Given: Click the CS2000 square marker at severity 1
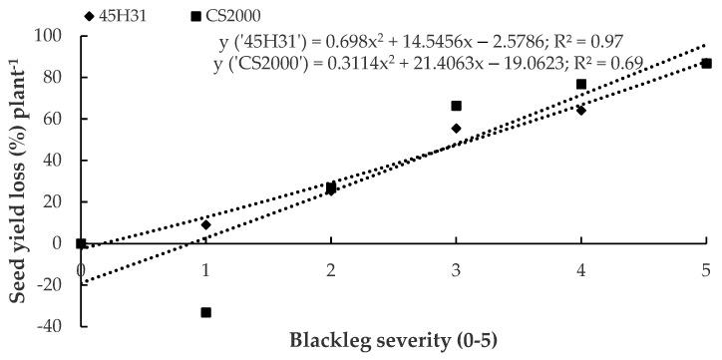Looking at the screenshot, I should click(206, 312).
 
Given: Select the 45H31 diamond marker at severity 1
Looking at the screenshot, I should click(206, 224).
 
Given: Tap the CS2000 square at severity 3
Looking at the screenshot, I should click(457, 106).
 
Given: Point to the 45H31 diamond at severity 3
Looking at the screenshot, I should click(457, 129).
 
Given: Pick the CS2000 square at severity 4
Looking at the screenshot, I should click(581, 84).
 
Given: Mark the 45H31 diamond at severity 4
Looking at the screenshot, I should click(581, 110).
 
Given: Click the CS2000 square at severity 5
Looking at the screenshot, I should click(706, 63).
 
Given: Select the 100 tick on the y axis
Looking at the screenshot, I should click(53, 36).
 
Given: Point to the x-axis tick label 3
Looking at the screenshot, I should click(457, 269).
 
